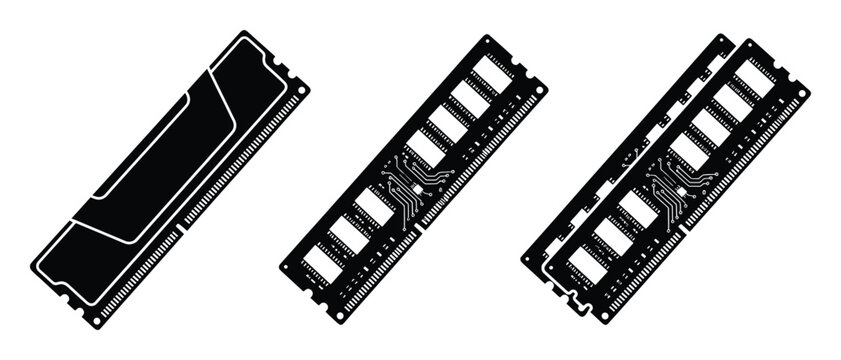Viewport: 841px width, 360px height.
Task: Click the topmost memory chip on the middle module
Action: coord(489,71)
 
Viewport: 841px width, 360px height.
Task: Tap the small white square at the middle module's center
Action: coord(416,187)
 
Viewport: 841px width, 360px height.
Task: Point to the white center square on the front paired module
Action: coord(678,188)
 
